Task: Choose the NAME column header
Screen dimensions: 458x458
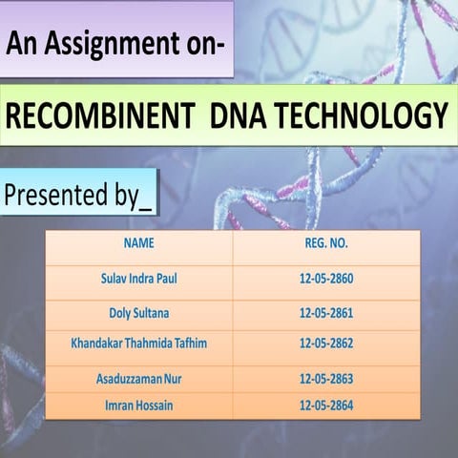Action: pyautogui.click(x=139, y=243)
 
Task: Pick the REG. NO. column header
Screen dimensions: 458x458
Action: pyautogui.click(x=326, y=243)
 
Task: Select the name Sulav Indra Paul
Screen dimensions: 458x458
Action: pyautogui.click(x=139, y=281)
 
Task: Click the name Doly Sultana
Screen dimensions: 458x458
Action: pyautogui.click(x=139, y=312)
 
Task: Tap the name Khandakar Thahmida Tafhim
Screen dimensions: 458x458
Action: pyautogui.click(x=139, y=343)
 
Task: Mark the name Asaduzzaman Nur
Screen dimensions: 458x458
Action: pyautogui.click(x=139, y=380)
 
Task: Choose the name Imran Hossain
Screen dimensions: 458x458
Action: pyautogui.click(x=139, y=406)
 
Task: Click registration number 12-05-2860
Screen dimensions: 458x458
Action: pyautogui.click(x=326, y=281)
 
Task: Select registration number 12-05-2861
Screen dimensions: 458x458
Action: pyautogui.click(x=326, y=312)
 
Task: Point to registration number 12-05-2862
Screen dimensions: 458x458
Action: pyautogui.click(x=326, y=343)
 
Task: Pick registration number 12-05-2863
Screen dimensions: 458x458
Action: pyautogui.click(x=326, y=380)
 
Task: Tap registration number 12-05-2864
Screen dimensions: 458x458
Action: pyautogui.click(x=326, y=406)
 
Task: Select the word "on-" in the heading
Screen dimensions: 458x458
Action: pyautogui.click(x=203, y=44)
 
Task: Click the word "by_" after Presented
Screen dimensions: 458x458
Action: pyautogui.click(x=132, y=198)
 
